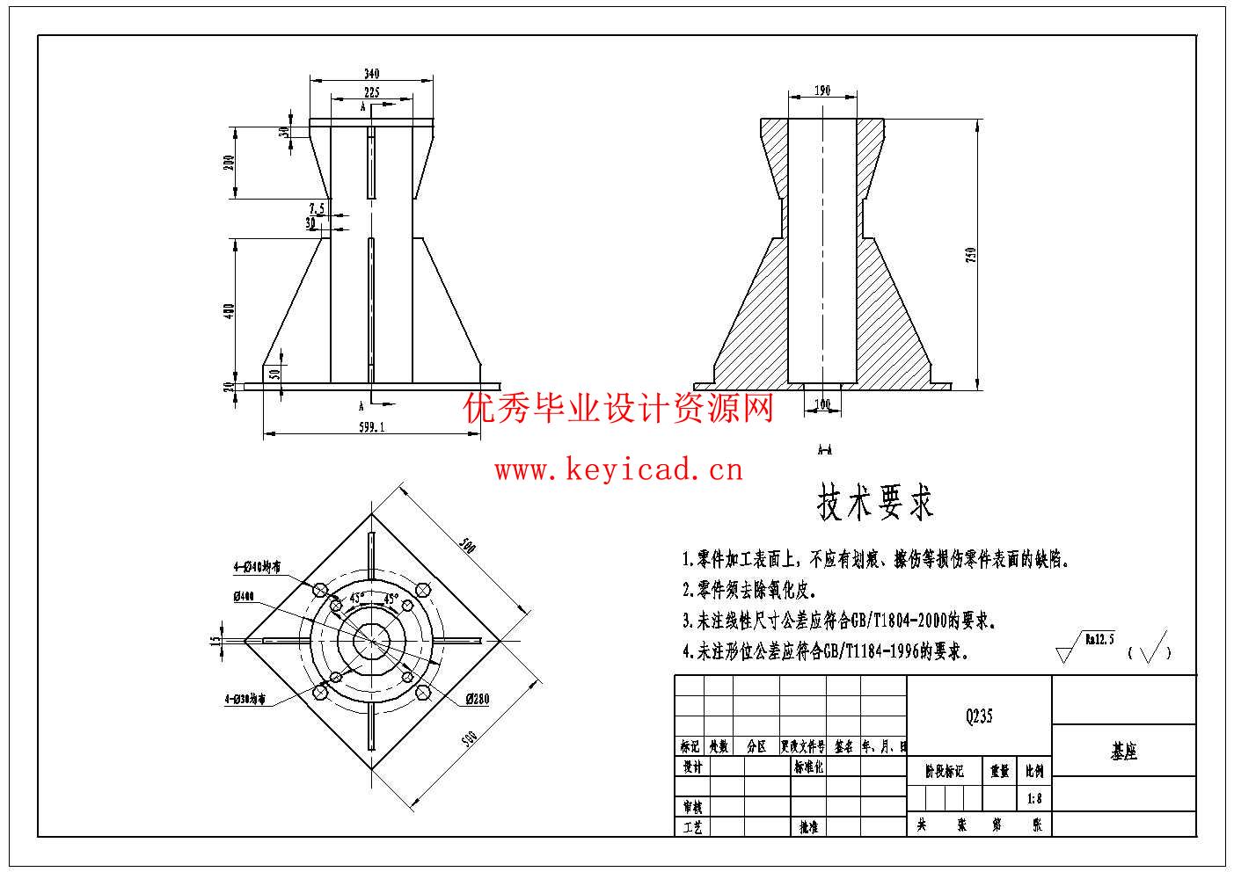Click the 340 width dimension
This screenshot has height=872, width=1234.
(x=370, y=74)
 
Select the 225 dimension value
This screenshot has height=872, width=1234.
(x=370, y=92)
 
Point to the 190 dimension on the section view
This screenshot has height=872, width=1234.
(x=822, y=91)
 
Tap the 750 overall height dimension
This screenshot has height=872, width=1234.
(x=972, y=255)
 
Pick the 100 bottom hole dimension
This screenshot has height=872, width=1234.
(x=822, y=404)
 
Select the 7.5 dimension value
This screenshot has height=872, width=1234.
(x=317, y=208)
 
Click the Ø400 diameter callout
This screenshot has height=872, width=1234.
(x=244, y=597)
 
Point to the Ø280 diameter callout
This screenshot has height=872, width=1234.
(x=478, y=700)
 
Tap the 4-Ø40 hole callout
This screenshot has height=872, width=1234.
(x=257, y=567)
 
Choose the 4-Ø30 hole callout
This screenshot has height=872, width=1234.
(x=245, y=700)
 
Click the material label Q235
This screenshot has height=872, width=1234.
(x=979, y=716)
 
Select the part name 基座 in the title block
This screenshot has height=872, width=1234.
(x=1124, y=752)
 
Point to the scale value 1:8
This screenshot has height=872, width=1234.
(x=1034, y=799)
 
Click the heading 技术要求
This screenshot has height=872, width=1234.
(x=875, y=502)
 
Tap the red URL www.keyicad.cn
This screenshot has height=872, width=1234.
(x=618, y=470)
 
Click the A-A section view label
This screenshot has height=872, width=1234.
(x=824, y=450)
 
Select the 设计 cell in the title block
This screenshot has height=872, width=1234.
(x=692, y=767)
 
